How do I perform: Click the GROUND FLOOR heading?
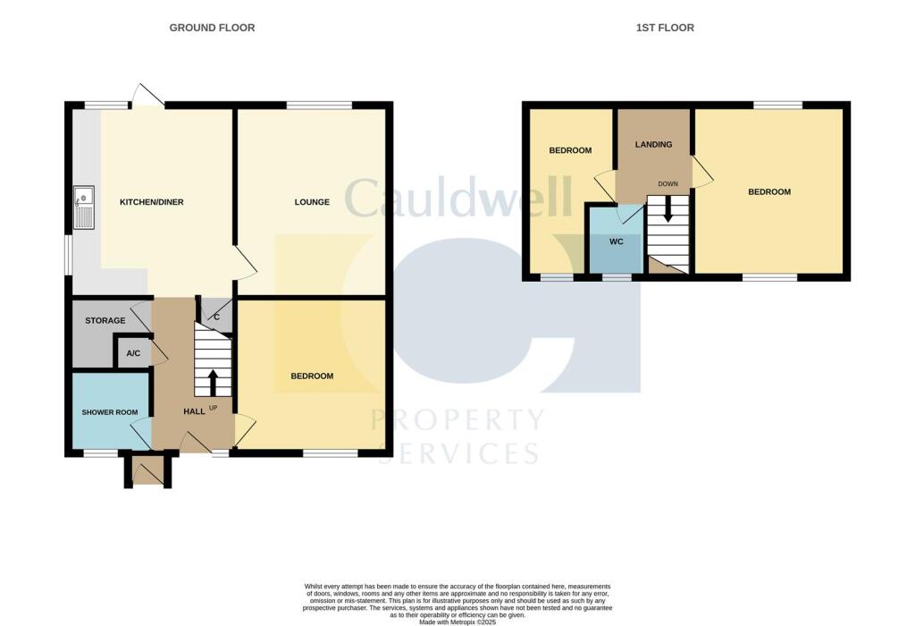point(212,28)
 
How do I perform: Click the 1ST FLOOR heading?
point(665,28)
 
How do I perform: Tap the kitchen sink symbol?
point(83,207)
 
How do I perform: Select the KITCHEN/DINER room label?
point(152,202)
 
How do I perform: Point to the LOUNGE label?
point(312,202)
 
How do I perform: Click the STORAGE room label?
point(105,320)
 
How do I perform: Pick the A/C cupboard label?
point(134,353)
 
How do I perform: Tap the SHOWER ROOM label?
point(110,412)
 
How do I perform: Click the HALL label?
point(194,411)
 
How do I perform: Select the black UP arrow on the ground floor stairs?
point(213,383)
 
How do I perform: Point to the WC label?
point(617,241)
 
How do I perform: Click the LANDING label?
point(653,144)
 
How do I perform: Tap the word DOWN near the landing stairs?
point(668,184)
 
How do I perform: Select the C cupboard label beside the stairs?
point(216,317)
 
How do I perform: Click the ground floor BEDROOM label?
point(312,376)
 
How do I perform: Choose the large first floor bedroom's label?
point(769,192)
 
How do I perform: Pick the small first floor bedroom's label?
point(570,150)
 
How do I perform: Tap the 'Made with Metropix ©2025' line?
point(457,622)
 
